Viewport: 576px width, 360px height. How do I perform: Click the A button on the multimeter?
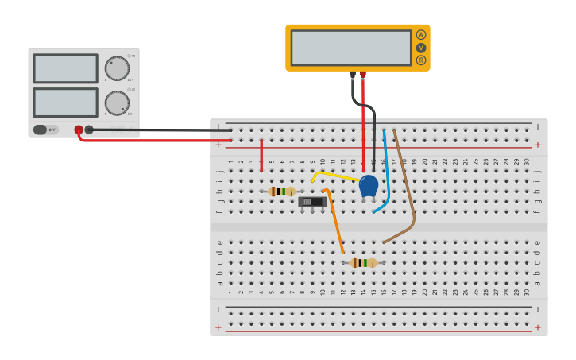(x=421, y=35)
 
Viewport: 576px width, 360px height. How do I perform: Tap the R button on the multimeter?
(x=421, y=60)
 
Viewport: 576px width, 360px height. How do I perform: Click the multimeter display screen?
(x=350, y=48)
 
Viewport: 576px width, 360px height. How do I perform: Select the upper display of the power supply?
(x=65, y=68)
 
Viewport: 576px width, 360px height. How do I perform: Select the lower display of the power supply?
(x=65, y=102)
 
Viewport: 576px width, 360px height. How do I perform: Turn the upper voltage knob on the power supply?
(x=117, y=68)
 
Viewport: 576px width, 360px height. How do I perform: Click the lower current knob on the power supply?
(x=117, y=103)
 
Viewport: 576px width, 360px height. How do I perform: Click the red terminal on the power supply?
(x=79, y=130)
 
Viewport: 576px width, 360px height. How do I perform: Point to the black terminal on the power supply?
(x=89, y=130)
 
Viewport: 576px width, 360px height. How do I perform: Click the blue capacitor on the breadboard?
(x=369, y=186)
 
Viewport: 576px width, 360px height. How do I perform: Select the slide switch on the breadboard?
(x=312, y=202)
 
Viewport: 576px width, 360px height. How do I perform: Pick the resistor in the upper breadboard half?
(x=281, y=192)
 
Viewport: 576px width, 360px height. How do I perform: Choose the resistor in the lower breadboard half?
(x=363, y=263)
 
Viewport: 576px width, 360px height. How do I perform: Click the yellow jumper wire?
(x=334, y=175)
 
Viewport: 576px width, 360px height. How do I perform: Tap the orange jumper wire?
(x=335, y=223)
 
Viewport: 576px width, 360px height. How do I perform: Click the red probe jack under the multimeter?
(x=363, y=75)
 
